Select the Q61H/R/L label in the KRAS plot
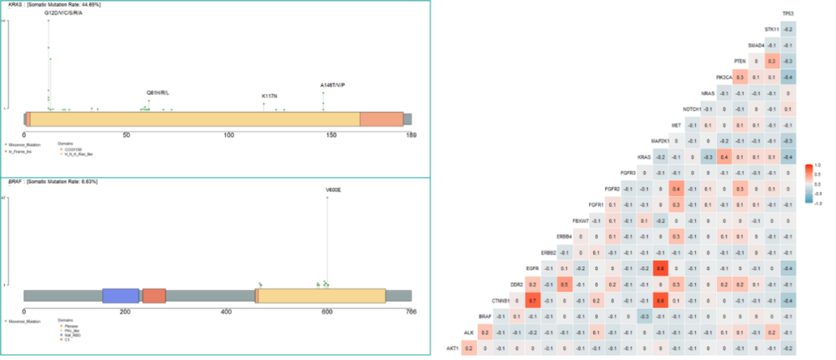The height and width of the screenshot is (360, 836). click(158, 93)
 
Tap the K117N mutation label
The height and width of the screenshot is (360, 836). click(269, 96)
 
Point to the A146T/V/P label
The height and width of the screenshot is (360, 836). click(333, 85)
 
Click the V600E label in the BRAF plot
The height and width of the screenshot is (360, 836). click(334, 189)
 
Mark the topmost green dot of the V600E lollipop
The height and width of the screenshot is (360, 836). click(327, 198)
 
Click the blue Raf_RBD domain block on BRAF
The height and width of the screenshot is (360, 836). click(120, 296)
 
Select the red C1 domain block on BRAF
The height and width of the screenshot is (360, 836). click(154, 296)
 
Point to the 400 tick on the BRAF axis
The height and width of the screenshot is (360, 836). click(226, 313)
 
